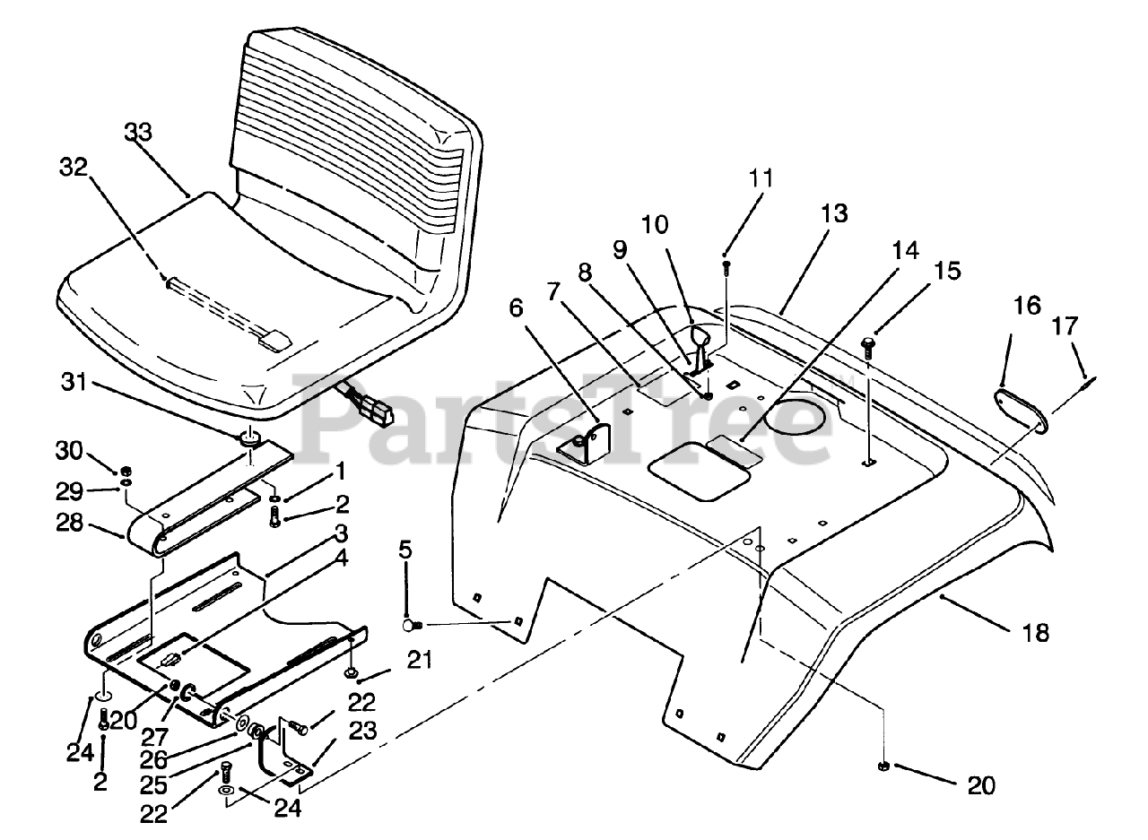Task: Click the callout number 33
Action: pyautogui.click(x=138, y=132)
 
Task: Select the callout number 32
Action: pyautogui.click(x=74, y=168)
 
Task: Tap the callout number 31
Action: pyautogui.click(x=74, y=383)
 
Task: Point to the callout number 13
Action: pyautogui.click(x=834, y=213)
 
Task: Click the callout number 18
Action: pyautogui.click(x=1036, y=633)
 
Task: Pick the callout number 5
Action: pyautogui.click(x=404, y=550)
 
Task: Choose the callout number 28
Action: pyautogui.click(x=69, y=523)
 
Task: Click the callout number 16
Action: pyautogui.click(x=1027, y=306)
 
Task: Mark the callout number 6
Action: pyautogui.click(x=516, y=307)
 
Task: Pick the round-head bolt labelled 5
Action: pyautogui.click(x=412, y=625)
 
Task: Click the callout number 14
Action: pyautogui.click(x=906, y=250)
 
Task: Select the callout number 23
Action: pyautogui.click(x=363, y=731)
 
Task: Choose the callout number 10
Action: pyautogui.click(x=655, y=224)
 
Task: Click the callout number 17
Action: pyautogui.click(x=1065, y=325)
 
